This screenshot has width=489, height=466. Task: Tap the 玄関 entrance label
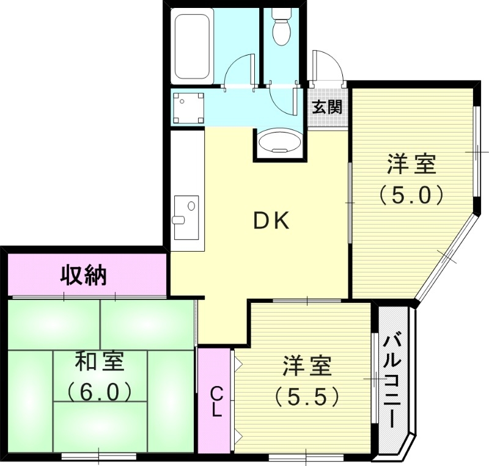point(327,107)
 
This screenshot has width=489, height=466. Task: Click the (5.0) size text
point(411,194)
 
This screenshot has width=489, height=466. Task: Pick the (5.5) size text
point(306,397)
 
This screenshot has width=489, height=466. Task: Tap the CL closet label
point(216,401)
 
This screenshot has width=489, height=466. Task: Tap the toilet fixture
point(281,27)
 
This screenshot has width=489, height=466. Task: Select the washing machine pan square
point(189,107)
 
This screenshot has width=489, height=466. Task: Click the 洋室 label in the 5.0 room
point(411,165)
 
